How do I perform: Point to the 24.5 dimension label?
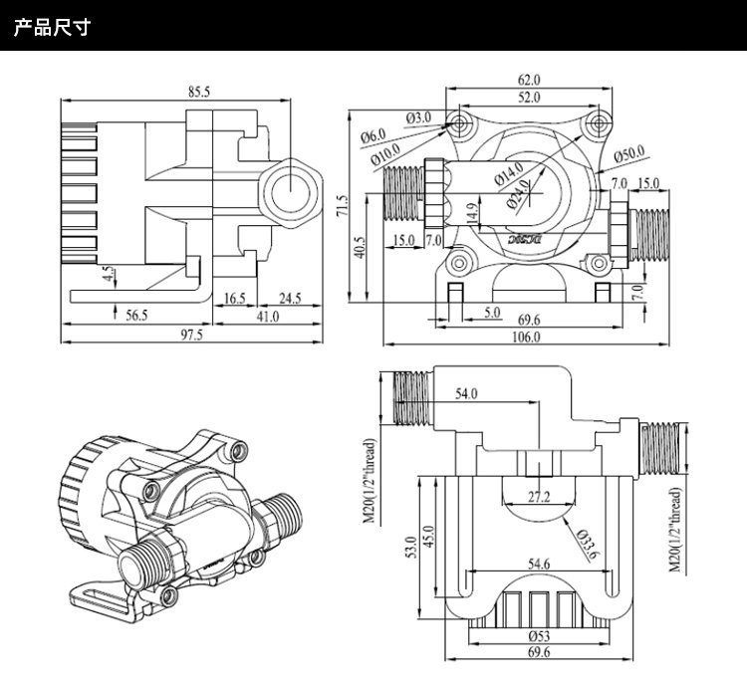coord(291,298)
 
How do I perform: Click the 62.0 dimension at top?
coord(528,80)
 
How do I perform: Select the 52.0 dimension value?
coord(528,98)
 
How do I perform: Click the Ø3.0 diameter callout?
coord(419,117)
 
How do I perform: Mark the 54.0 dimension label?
coord(467,394)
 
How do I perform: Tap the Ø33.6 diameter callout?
coord(588,544)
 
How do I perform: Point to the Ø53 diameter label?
coord(539,635)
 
